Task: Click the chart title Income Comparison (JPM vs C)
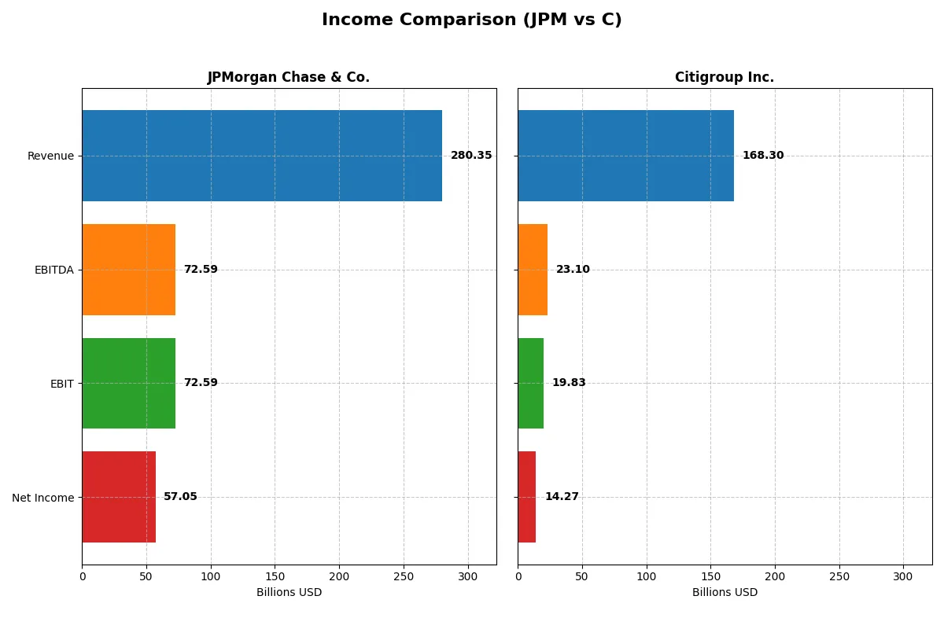click(471, 20)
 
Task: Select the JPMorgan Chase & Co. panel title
click(288, 77)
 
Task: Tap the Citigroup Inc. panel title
click(724, 77)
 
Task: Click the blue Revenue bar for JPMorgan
click(262, 156)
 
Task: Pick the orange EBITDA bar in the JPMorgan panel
click(128, 270)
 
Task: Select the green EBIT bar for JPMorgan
click(128, 383)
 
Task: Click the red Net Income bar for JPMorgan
click(119, 497)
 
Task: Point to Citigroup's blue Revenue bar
click(625, 156)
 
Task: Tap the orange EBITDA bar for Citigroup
click(533, 270)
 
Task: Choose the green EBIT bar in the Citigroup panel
click(530, 383)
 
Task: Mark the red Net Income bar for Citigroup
click(527, 497)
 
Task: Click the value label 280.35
click(471, 156)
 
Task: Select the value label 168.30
click(763, 156)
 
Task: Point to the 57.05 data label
click(180, 497)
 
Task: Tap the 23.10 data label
click(573, 270)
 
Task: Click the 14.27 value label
click(562, 497)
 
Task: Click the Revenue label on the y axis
click(50, 156)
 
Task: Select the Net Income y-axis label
click(43, 497)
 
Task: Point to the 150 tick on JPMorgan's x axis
click(275, 576)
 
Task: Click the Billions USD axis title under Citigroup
click(725, 592)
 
